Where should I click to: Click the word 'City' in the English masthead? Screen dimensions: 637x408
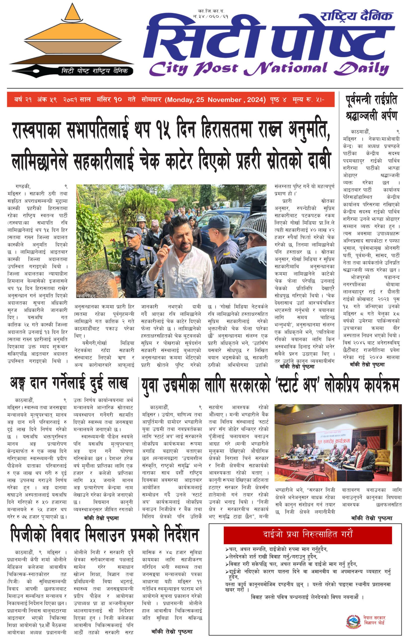168,69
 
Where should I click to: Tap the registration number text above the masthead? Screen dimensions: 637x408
211,14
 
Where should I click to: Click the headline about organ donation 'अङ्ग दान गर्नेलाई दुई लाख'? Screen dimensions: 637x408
69,383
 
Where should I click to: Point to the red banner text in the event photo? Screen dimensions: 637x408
333,441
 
